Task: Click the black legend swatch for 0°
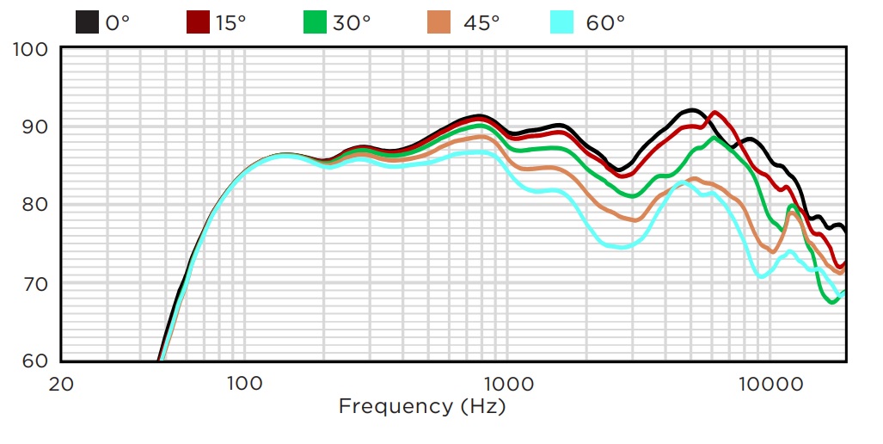(x=87, y=22)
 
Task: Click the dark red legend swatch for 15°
(x=198, y=22)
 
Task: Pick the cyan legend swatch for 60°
(x=561, y=22)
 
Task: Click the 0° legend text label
(x=118, y=23)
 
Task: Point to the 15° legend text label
(x=230, y=23)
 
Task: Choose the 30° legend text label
(x=352, y=23)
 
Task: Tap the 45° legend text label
(x=481, y=23)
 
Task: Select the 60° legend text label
(x=605, y=23)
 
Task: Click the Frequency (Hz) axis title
(x=422, y=406)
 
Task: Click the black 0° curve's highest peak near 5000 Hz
(x=691, y=110)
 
